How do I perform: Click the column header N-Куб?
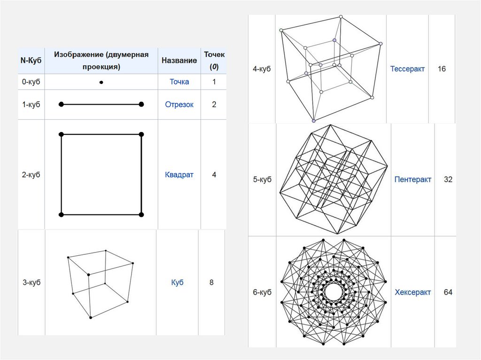31,61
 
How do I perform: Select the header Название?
179,61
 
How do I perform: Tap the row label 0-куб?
31,82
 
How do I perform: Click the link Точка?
179,82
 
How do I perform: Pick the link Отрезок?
179,104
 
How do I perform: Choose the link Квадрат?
179,175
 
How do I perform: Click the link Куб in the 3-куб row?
177,283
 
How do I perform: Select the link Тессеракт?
407,69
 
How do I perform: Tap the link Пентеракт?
413,179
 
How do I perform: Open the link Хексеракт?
413,292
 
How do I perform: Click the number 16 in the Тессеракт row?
442,69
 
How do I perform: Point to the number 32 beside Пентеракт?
448,179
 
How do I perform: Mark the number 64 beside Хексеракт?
448,292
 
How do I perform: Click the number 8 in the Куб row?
211,283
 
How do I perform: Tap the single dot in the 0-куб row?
101,83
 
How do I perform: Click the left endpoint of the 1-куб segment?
61,104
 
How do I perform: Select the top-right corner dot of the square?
141,135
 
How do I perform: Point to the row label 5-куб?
262,179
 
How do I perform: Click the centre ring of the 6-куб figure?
333,292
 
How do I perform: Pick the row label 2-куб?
31,175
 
